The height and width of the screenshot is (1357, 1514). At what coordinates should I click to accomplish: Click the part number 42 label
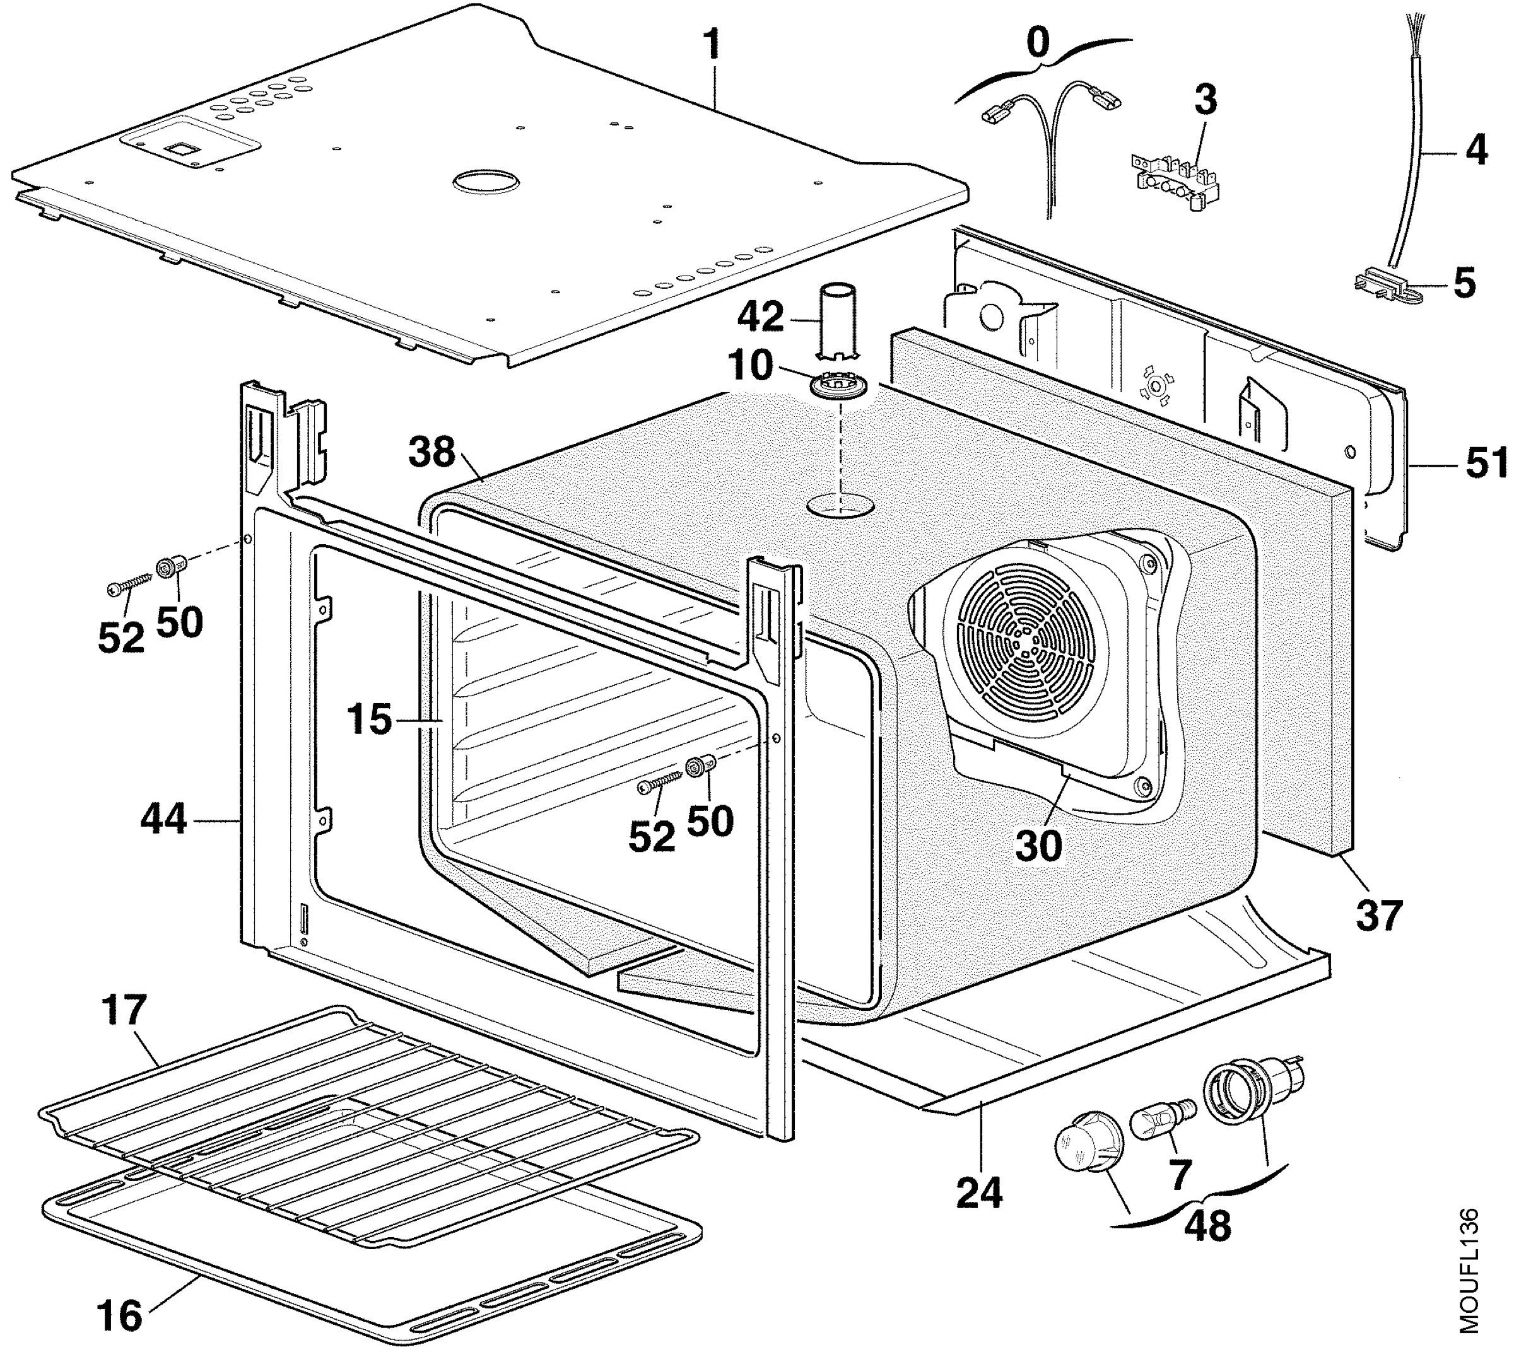tap(761, 318)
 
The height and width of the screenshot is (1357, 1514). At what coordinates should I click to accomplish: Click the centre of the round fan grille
tap(1027, 649)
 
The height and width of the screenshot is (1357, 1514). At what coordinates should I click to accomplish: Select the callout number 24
tap(979, 1192)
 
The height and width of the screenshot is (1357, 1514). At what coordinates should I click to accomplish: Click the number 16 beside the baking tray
tap(119, 1315)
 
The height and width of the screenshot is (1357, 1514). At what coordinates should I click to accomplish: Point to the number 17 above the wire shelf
tap(124, 1010)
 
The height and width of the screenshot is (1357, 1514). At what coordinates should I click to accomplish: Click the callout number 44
tap(163, 820)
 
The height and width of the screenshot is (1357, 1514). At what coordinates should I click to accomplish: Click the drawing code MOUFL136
tap(1468, 1281)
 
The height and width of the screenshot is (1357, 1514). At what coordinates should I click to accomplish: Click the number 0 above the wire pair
tap(1038, 44)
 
